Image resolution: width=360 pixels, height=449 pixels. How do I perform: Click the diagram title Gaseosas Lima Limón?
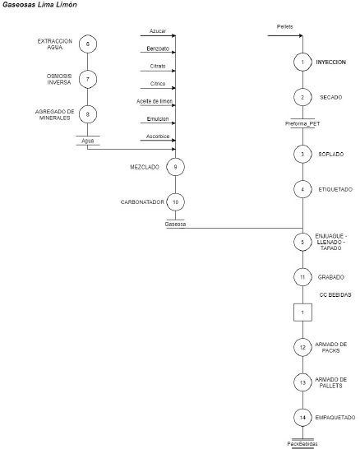pyautogui.click(x=39, y=5)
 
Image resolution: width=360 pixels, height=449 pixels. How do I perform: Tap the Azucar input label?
pyautogui.click(x=158, y=31)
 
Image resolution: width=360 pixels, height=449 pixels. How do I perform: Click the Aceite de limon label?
pyautogui.click(x=155, y=101)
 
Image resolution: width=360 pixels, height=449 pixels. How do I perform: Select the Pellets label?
pyautogui.click(x=284, y=26)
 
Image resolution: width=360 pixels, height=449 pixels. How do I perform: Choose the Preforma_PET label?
pyautogui.click(x=302, y=123)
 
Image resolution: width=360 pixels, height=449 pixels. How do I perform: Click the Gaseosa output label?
pyautogui.click(x=175, y=224)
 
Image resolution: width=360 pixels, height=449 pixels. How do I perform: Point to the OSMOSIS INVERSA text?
pyautogui.click(x=59, y=79)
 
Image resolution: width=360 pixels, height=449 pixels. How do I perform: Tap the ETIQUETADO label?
pyautogui.click(x=335, y=189)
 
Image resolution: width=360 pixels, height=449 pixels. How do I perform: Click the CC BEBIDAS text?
pyautogui.click(x=335, y=294)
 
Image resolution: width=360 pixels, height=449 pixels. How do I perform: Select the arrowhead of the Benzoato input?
pyautogui.click(x=173, y=53)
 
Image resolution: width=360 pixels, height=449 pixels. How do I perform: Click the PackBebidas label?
pyautogui.click(x=302, y=444)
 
